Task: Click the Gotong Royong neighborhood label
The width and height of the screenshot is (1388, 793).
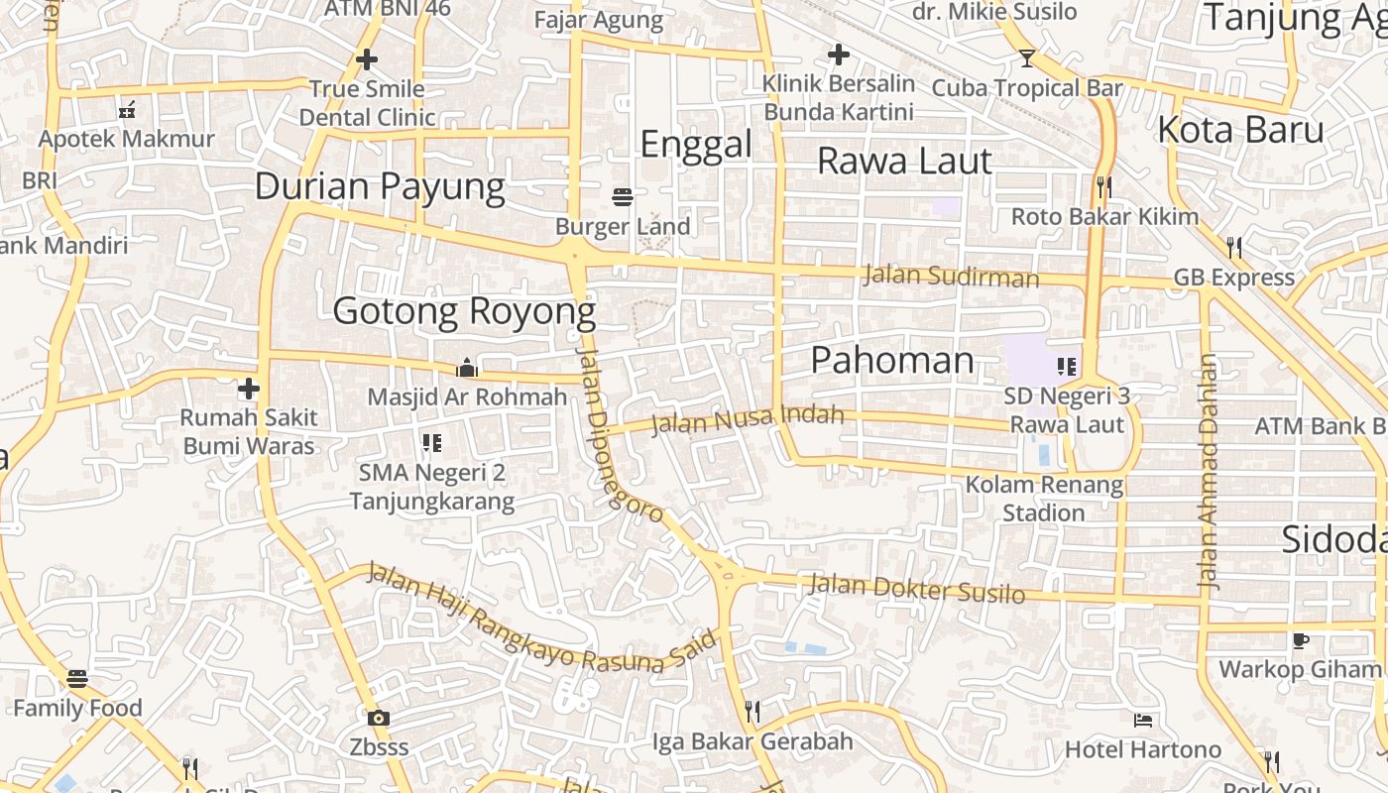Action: [464, 311]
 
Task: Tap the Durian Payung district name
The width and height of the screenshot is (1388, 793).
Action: [380, 186]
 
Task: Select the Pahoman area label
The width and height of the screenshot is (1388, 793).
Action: [892, 360]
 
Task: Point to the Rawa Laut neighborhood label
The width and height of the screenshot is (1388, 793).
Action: [904, 161]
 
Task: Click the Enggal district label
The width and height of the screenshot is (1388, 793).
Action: [696, 145]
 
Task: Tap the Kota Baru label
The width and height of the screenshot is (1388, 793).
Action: [1240, 130]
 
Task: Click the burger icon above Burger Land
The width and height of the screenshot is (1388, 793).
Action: [623, 197]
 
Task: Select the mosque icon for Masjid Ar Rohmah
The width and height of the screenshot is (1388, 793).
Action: [467, 368]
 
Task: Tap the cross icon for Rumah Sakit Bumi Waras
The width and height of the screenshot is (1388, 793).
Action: [249, 388]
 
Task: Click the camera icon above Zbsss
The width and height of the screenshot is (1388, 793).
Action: [378, 718]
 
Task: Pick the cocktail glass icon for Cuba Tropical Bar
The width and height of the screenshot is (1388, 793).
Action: [1026, 58]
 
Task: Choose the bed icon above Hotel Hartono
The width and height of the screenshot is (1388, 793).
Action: [1142, 720]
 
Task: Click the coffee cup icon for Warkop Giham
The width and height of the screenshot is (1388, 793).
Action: [1300, 640]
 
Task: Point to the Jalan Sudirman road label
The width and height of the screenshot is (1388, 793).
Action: [951, 276]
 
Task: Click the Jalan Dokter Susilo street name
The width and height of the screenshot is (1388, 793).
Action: [917, 589]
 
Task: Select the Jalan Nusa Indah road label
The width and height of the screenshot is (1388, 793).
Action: [748, 420]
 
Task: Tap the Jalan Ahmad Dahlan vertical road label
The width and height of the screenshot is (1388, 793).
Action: [1208, 473]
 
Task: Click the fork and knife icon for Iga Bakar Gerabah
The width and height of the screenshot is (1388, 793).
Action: [752, 711]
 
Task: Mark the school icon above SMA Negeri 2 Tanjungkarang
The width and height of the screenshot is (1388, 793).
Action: [431, 442]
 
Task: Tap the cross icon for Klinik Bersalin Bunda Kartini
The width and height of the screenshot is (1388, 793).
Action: [839, 54]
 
